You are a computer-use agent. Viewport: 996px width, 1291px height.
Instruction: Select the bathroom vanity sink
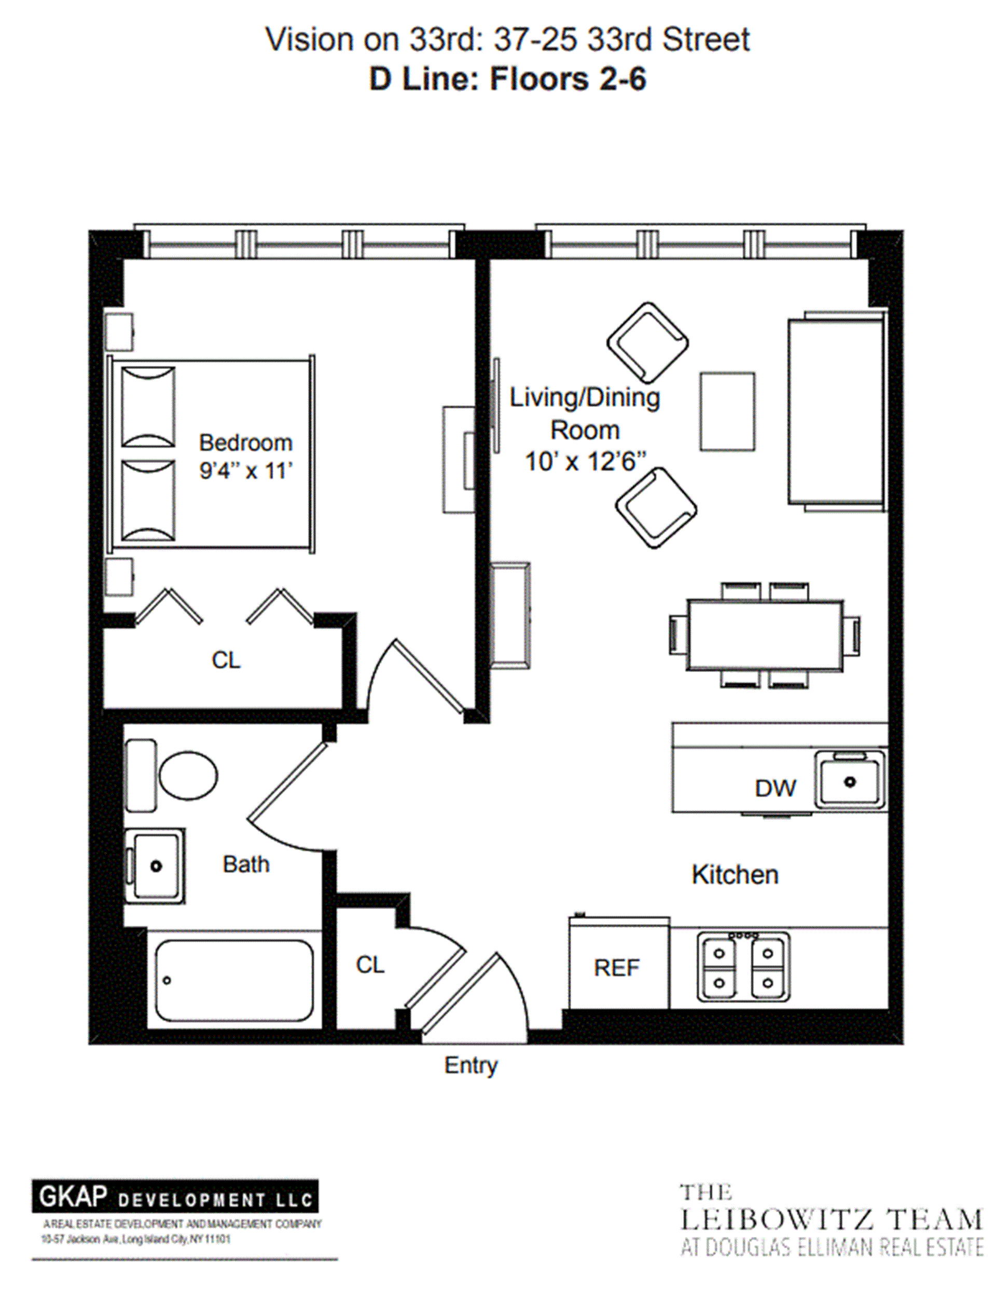tap(155, 866)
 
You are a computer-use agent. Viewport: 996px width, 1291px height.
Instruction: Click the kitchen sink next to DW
tap(849, 781)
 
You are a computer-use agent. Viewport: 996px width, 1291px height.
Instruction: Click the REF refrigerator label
tap(616, 968)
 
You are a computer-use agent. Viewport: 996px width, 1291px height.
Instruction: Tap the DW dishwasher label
tap(775, 788)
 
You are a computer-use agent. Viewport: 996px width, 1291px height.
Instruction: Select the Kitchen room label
tap(735, 875)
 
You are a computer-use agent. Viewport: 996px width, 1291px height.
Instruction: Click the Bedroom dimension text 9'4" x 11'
tap(246, 471)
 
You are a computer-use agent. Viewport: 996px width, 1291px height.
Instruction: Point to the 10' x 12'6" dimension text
tap(585, 462)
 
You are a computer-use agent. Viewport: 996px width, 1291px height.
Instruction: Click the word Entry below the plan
tap(471, 1065)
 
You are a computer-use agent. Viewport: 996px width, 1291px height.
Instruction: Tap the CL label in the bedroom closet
tap(226, 660)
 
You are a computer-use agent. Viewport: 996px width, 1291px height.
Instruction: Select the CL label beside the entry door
tap(370, 965)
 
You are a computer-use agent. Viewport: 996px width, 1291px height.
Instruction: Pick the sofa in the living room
tap(836, 412)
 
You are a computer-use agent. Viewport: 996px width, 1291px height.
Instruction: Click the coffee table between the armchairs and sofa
tap(727, 411)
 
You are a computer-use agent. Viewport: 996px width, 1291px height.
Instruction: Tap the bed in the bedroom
tap(211, 454)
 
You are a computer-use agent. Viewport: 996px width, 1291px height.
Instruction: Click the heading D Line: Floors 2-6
tap(507, 79)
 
